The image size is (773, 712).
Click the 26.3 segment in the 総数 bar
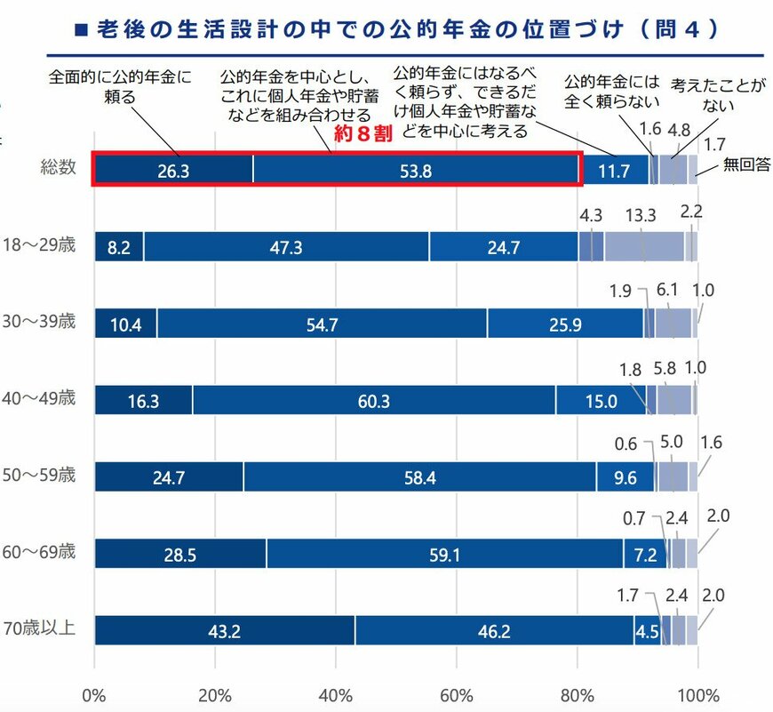tap(172, 171)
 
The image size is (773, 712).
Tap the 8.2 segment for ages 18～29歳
tap(118, 247)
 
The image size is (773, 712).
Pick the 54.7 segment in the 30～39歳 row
tap(322, 324)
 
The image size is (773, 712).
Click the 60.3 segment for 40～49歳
tap(373, 401)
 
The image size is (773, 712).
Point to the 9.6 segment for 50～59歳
tap(625, 477)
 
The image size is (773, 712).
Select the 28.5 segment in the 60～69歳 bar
tap(179, 554)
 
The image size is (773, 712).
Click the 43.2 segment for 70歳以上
tap(224, 630)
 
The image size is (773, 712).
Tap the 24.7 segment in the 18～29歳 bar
tap(503, 247)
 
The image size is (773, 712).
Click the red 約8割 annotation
tap(363, 137)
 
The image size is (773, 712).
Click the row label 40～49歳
tap(39, 397)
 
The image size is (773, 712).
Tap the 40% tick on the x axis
tap(336, 693)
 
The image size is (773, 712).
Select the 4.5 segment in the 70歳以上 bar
tap(646, 630)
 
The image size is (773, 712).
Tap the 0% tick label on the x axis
tap(94, 693)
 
